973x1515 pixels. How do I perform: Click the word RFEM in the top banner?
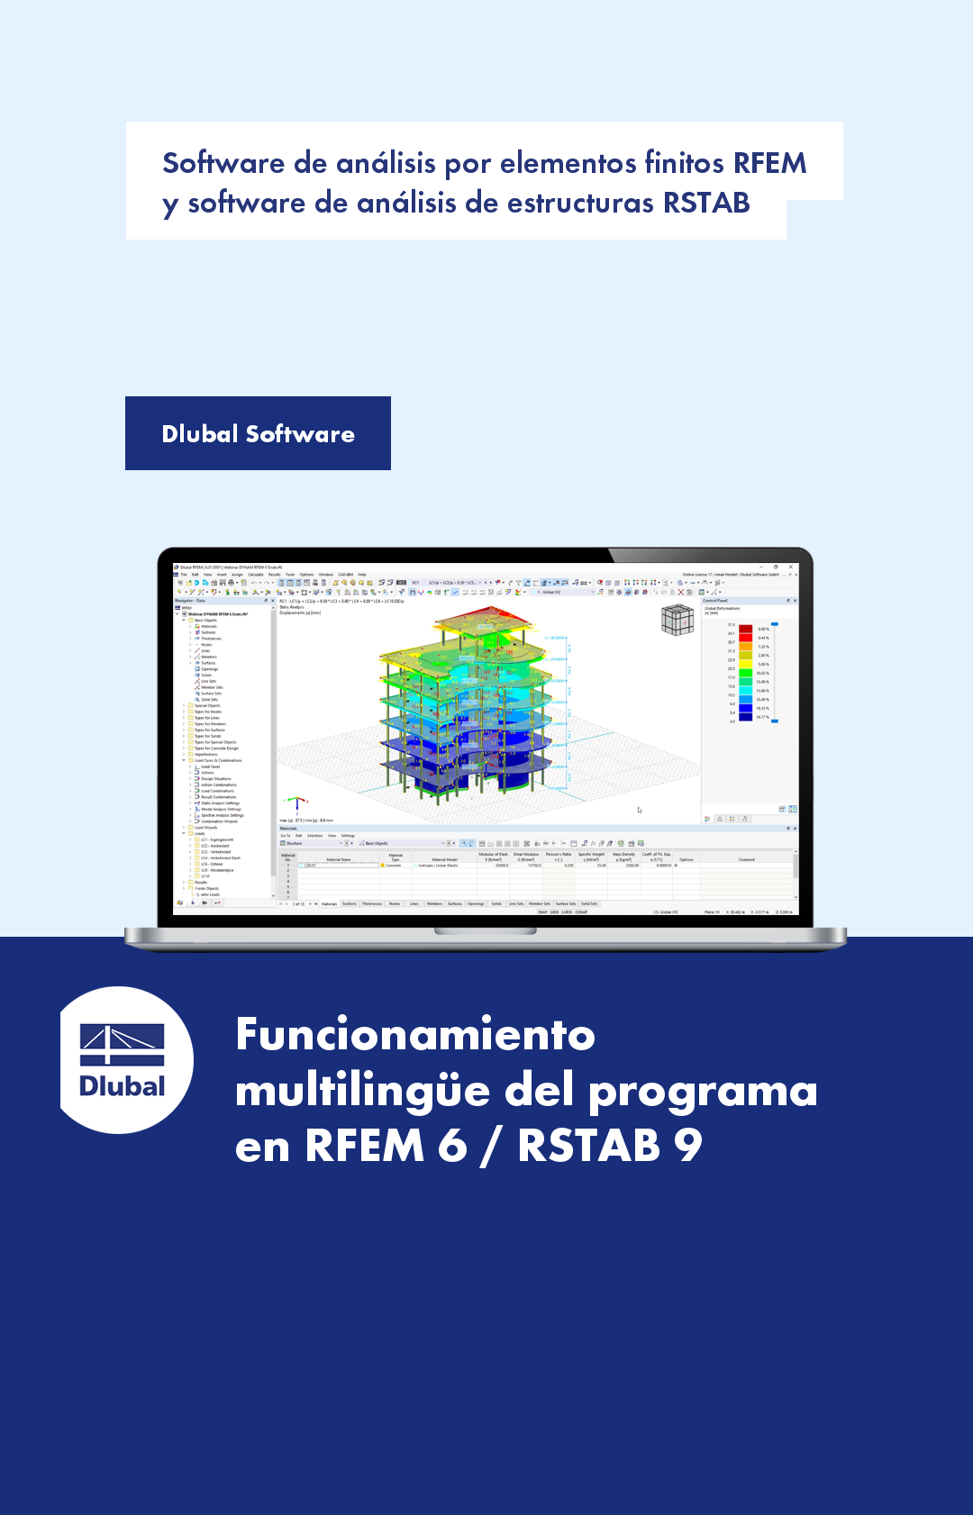(769, 163)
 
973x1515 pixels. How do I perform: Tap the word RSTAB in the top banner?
(706, 203)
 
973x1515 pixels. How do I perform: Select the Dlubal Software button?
(258, 433)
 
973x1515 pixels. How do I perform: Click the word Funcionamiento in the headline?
(415, 1034)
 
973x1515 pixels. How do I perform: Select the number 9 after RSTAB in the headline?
(687, 1146)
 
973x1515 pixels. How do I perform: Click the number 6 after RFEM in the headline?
(452, 1146)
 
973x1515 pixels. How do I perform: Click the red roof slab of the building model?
(468, 626)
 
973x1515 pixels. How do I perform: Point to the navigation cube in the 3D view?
(677, 620)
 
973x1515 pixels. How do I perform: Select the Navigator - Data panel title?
(191, 601)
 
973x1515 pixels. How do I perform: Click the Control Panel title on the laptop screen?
(716, 601)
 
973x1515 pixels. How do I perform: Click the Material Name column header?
(339, 859)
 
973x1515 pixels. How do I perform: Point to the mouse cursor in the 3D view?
(640, 810)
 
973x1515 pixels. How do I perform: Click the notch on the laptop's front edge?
(486, 932)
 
